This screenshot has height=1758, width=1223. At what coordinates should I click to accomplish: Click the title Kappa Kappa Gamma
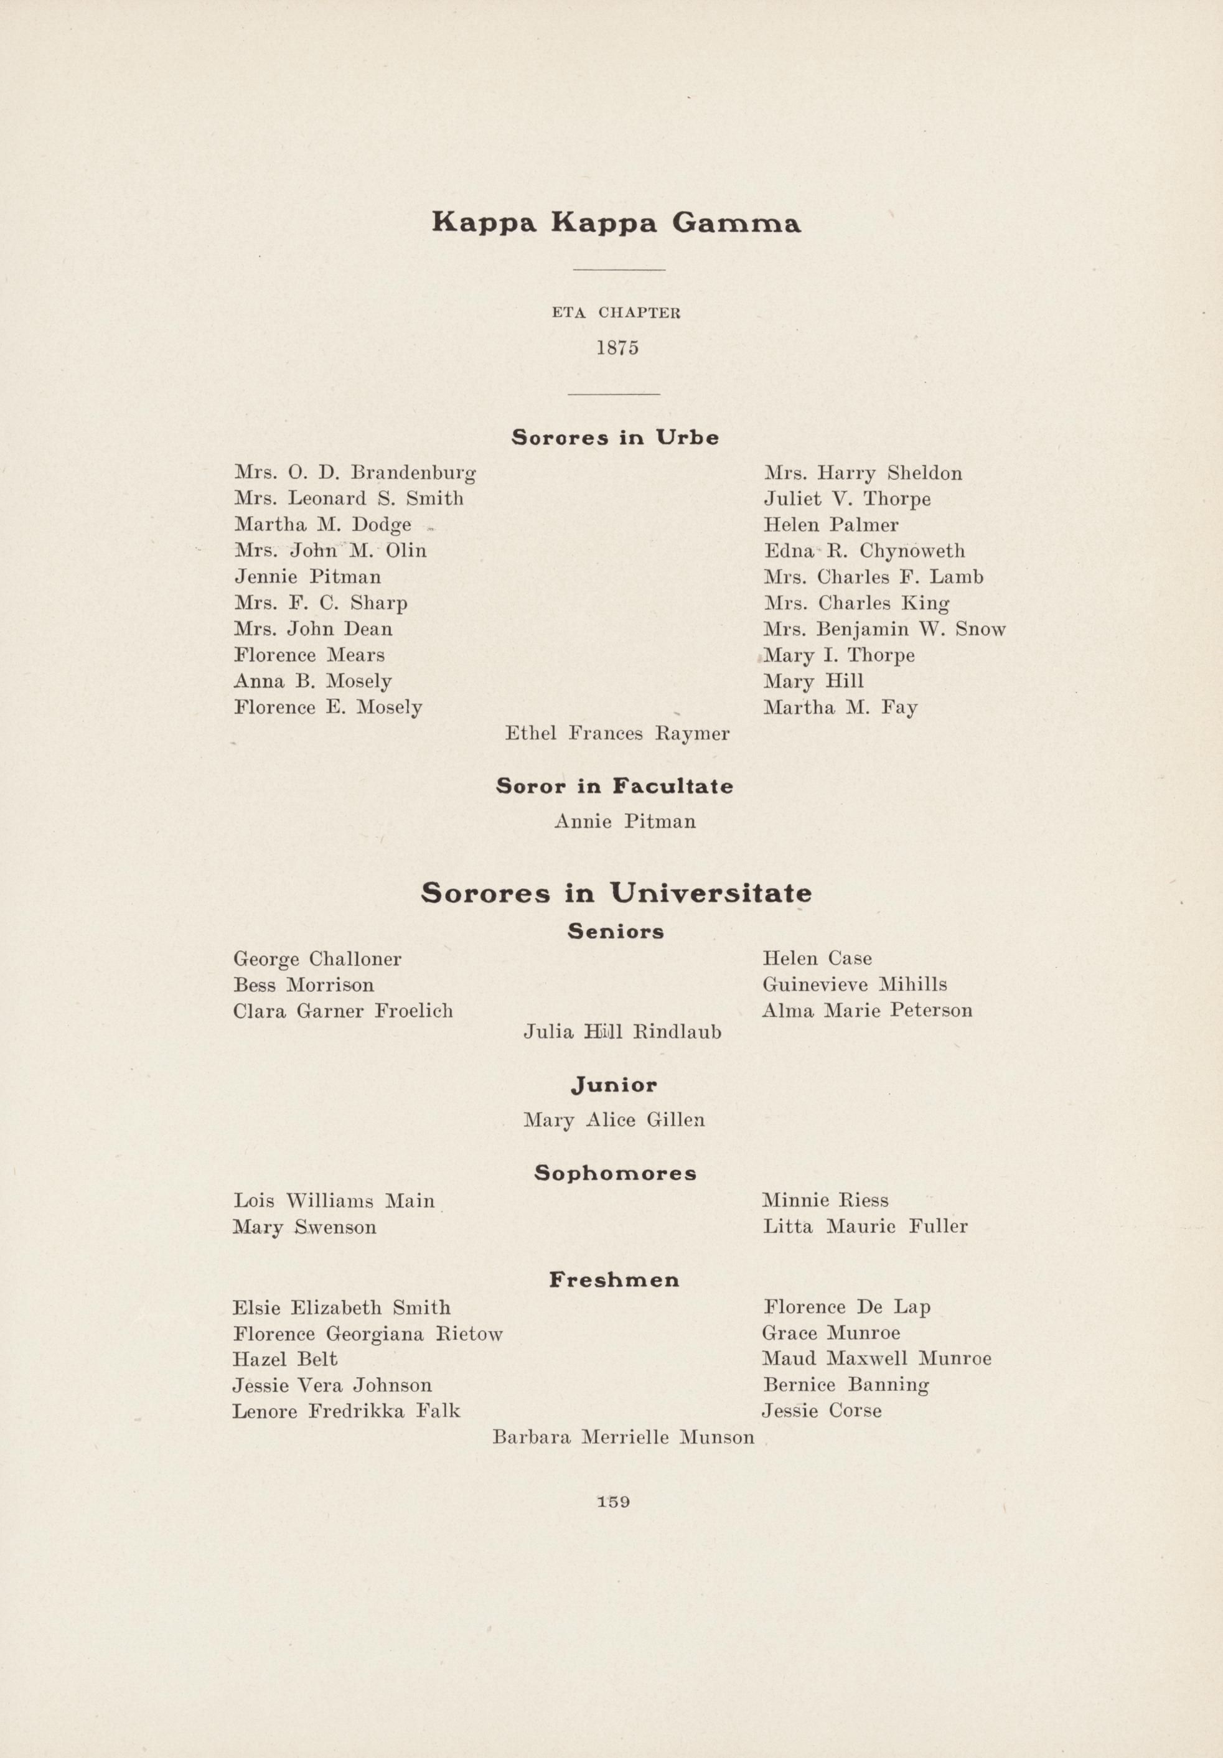click(x=616, y=223)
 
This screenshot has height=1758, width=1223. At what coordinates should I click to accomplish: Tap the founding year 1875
click(x=617, y=348)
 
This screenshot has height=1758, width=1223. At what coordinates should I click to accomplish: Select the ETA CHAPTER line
click(x=616, y=313)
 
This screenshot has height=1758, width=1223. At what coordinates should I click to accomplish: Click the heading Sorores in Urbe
click(x=615, y=438)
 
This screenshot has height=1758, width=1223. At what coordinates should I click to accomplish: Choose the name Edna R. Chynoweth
click(x=864, y=551)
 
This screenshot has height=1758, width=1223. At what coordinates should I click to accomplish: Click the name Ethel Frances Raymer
click(x=616, y=734)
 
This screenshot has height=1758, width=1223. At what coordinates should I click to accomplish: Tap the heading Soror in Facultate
click(x=614, y=787)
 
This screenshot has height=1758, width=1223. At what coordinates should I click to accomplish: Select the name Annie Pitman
click(x=624, y=822)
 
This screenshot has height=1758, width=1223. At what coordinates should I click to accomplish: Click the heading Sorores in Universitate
click(x=616, y=893)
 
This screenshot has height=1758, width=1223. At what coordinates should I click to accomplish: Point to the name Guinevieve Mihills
click(x=854, y=984)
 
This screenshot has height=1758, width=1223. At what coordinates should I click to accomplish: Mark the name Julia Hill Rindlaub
click(x=622, y=1032)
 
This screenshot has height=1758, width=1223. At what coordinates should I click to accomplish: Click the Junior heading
click(x=614, y=1085)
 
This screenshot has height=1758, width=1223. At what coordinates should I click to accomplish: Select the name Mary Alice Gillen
click(x=614, y=1120)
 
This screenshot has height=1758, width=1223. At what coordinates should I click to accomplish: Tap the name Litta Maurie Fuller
click(x=865, y=1227)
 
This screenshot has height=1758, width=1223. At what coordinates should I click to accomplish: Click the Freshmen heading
click(x=614, y=1279)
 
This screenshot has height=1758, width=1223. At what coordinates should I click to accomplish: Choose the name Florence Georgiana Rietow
click(x=368, y=1335)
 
